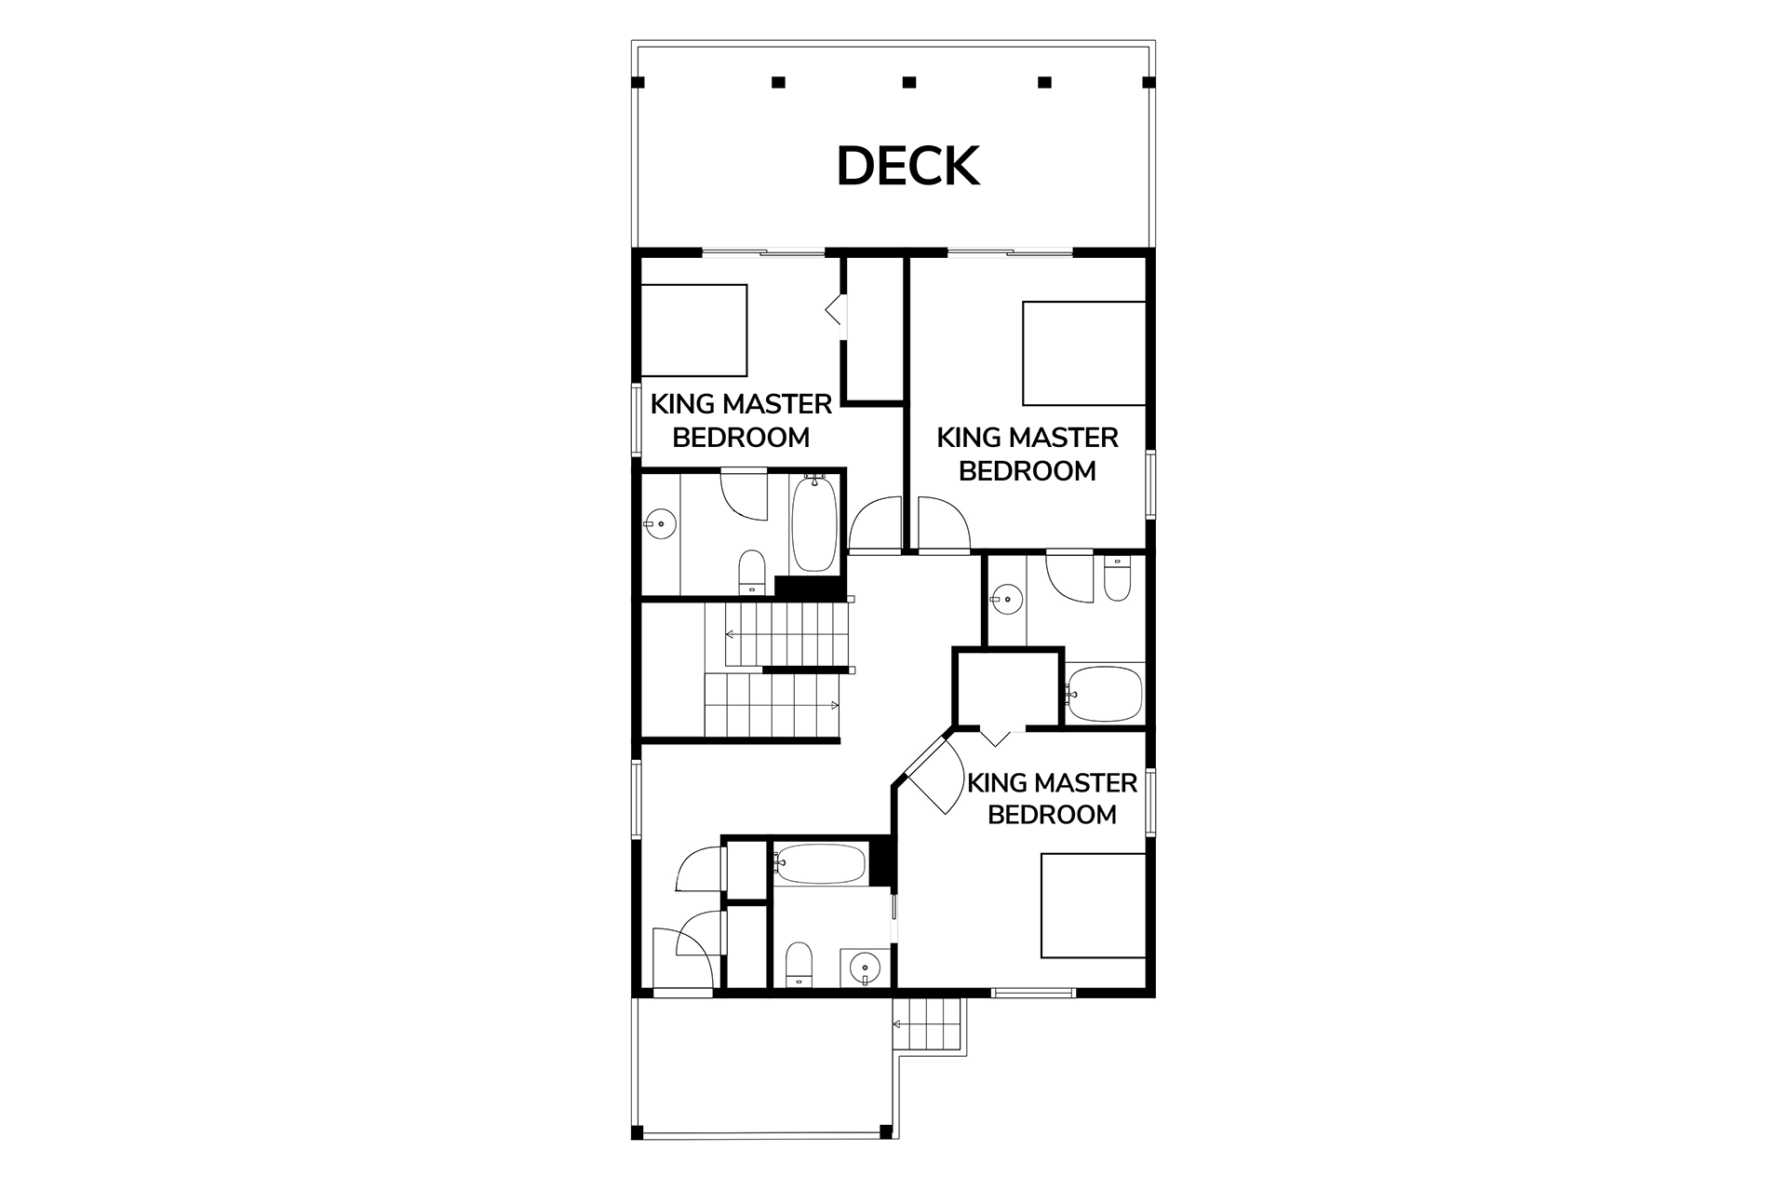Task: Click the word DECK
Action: (x=907, y=167)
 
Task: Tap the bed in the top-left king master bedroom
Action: (x=694, y=331)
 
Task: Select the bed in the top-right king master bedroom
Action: (x=1083, y=353)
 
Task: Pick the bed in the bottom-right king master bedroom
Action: (x=1093, y=905)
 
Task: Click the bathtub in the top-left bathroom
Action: (x=813, y=523)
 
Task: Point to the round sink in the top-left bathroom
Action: (x=660, y=524)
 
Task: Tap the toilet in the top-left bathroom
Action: (x=751, y=572)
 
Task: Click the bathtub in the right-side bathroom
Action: (x=1104, y=693)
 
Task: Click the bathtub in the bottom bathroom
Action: (x=820, y=864)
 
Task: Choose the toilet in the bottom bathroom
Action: (x=799, y=965)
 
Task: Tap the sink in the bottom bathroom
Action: (x=867, y=968)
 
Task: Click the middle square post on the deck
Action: (x=909, y=82)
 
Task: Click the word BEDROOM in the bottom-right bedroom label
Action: (x=1052, y=815)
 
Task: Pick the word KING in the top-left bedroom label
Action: (x=682, y=404)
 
